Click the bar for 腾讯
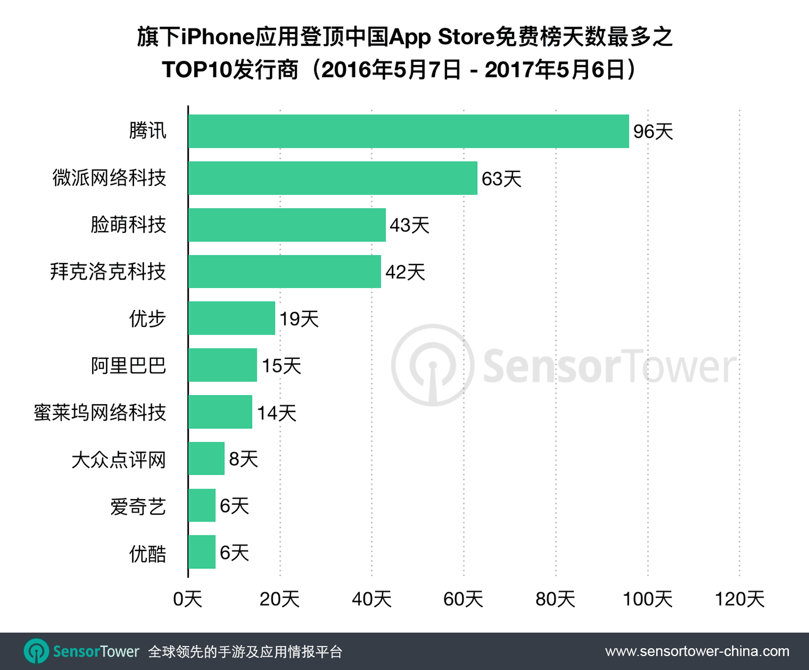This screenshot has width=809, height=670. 408,131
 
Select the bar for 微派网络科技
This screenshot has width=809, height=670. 333,178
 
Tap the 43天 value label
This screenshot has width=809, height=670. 410,226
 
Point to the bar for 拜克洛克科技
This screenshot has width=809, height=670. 285,272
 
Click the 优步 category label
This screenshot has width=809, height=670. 147,319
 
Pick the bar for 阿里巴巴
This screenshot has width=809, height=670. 223,365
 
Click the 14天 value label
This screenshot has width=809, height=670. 276,413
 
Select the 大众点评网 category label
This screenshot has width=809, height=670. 118,460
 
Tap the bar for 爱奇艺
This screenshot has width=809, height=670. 202,505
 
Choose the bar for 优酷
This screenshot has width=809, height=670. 202,552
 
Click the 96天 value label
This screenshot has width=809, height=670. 653,132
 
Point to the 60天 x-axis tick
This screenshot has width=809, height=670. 463,599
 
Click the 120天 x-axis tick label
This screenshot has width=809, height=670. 739,599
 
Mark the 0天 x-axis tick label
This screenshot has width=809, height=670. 187,599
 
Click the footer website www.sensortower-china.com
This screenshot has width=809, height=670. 697,652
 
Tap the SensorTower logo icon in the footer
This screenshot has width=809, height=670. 37,652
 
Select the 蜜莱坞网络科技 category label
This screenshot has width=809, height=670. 100,413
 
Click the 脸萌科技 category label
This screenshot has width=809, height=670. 128,225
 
